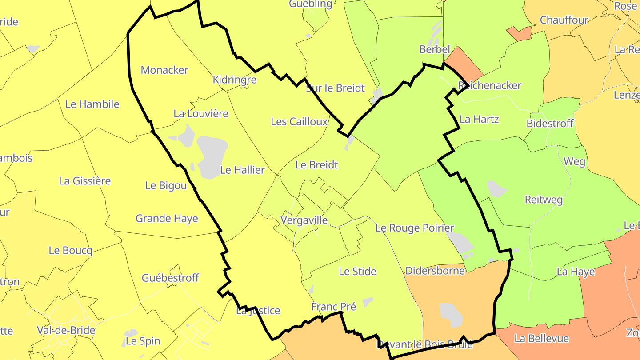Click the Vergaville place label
pyautogui.click(x=304, y=220)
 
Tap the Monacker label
pyautogui.click(x=164, y=70)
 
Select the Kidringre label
pyautogui.click(x=235, y=80)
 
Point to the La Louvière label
pyautogui.click(x=201, y=114)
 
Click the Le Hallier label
pyautogui.click(x=243, y=170)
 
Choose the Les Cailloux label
pyautogui.click(x=299, y=122)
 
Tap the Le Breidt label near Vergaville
pyautogui.click(x=316, y=165)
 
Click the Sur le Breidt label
pyautogui.click(x=335, y=88)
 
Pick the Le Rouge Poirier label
pyautogui.click(x=415, y=228)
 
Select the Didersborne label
pyautogui.click(x=435, y=271)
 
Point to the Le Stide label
pyautogui.click(x=357, y=272)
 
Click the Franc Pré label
pyautogui.click(x=333, y=307)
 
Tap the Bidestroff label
pyautogui.click(x=550, y=124)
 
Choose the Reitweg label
pyautogui.click(x=544, y=200)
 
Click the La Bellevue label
pyautogui.click(x=541, y=339)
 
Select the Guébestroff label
pyautogui.click(x=170, y=278)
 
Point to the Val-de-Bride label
pyautogui.click(x=66, y=331)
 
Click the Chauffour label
pyautogui.click(x=564, y=20)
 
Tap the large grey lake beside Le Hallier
pyautogui.click(x=212, y=156)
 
